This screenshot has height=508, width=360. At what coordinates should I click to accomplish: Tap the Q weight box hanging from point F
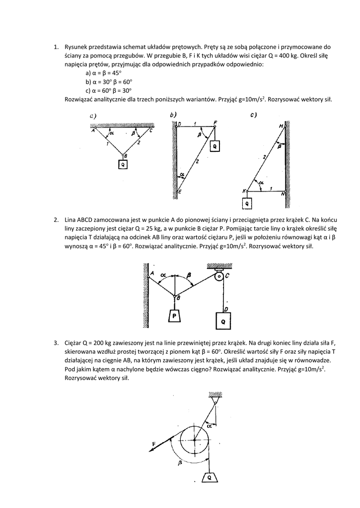215,146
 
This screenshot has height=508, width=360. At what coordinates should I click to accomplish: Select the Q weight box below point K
247,203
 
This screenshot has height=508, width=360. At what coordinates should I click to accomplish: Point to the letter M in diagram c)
281,126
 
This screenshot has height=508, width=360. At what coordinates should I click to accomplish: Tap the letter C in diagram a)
151,131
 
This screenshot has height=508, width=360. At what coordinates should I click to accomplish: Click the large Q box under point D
223,321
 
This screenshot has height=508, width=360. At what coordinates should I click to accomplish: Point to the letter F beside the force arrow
154,443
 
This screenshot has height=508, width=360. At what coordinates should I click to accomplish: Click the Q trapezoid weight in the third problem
210,478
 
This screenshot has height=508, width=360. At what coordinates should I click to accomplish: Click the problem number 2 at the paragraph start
56,219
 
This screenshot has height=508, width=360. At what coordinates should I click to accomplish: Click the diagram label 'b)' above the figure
173,115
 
